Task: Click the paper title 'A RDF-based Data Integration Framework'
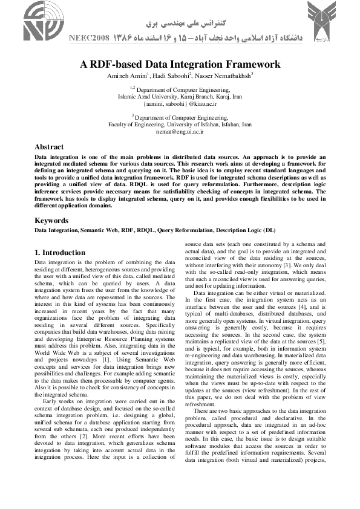coord(180,63)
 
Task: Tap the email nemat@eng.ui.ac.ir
coord(180,130)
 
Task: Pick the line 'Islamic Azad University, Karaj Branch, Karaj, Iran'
coord(180,96)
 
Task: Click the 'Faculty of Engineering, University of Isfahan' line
coord(180,123)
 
